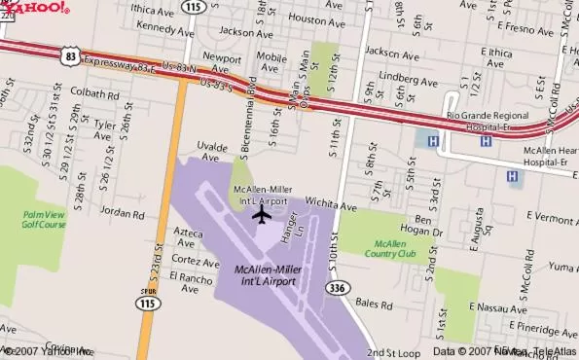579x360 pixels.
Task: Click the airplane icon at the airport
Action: pyautogui.click(x=261, y=213)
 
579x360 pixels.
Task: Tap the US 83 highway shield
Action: pyautogui.click(x=70, y=57)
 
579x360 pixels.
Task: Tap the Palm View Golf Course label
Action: pyautogui.click(x=44, y=219)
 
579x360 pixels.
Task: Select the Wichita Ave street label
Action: pyautogui.click(x=333, y=206)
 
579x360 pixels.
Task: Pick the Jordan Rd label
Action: pyautogui.click(x=121, y=211)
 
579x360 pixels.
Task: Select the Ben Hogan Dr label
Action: pyautogui.click(x=428, y=226)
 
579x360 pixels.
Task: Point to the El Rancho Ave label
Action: pyautogui.click(x=189, y=281)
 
